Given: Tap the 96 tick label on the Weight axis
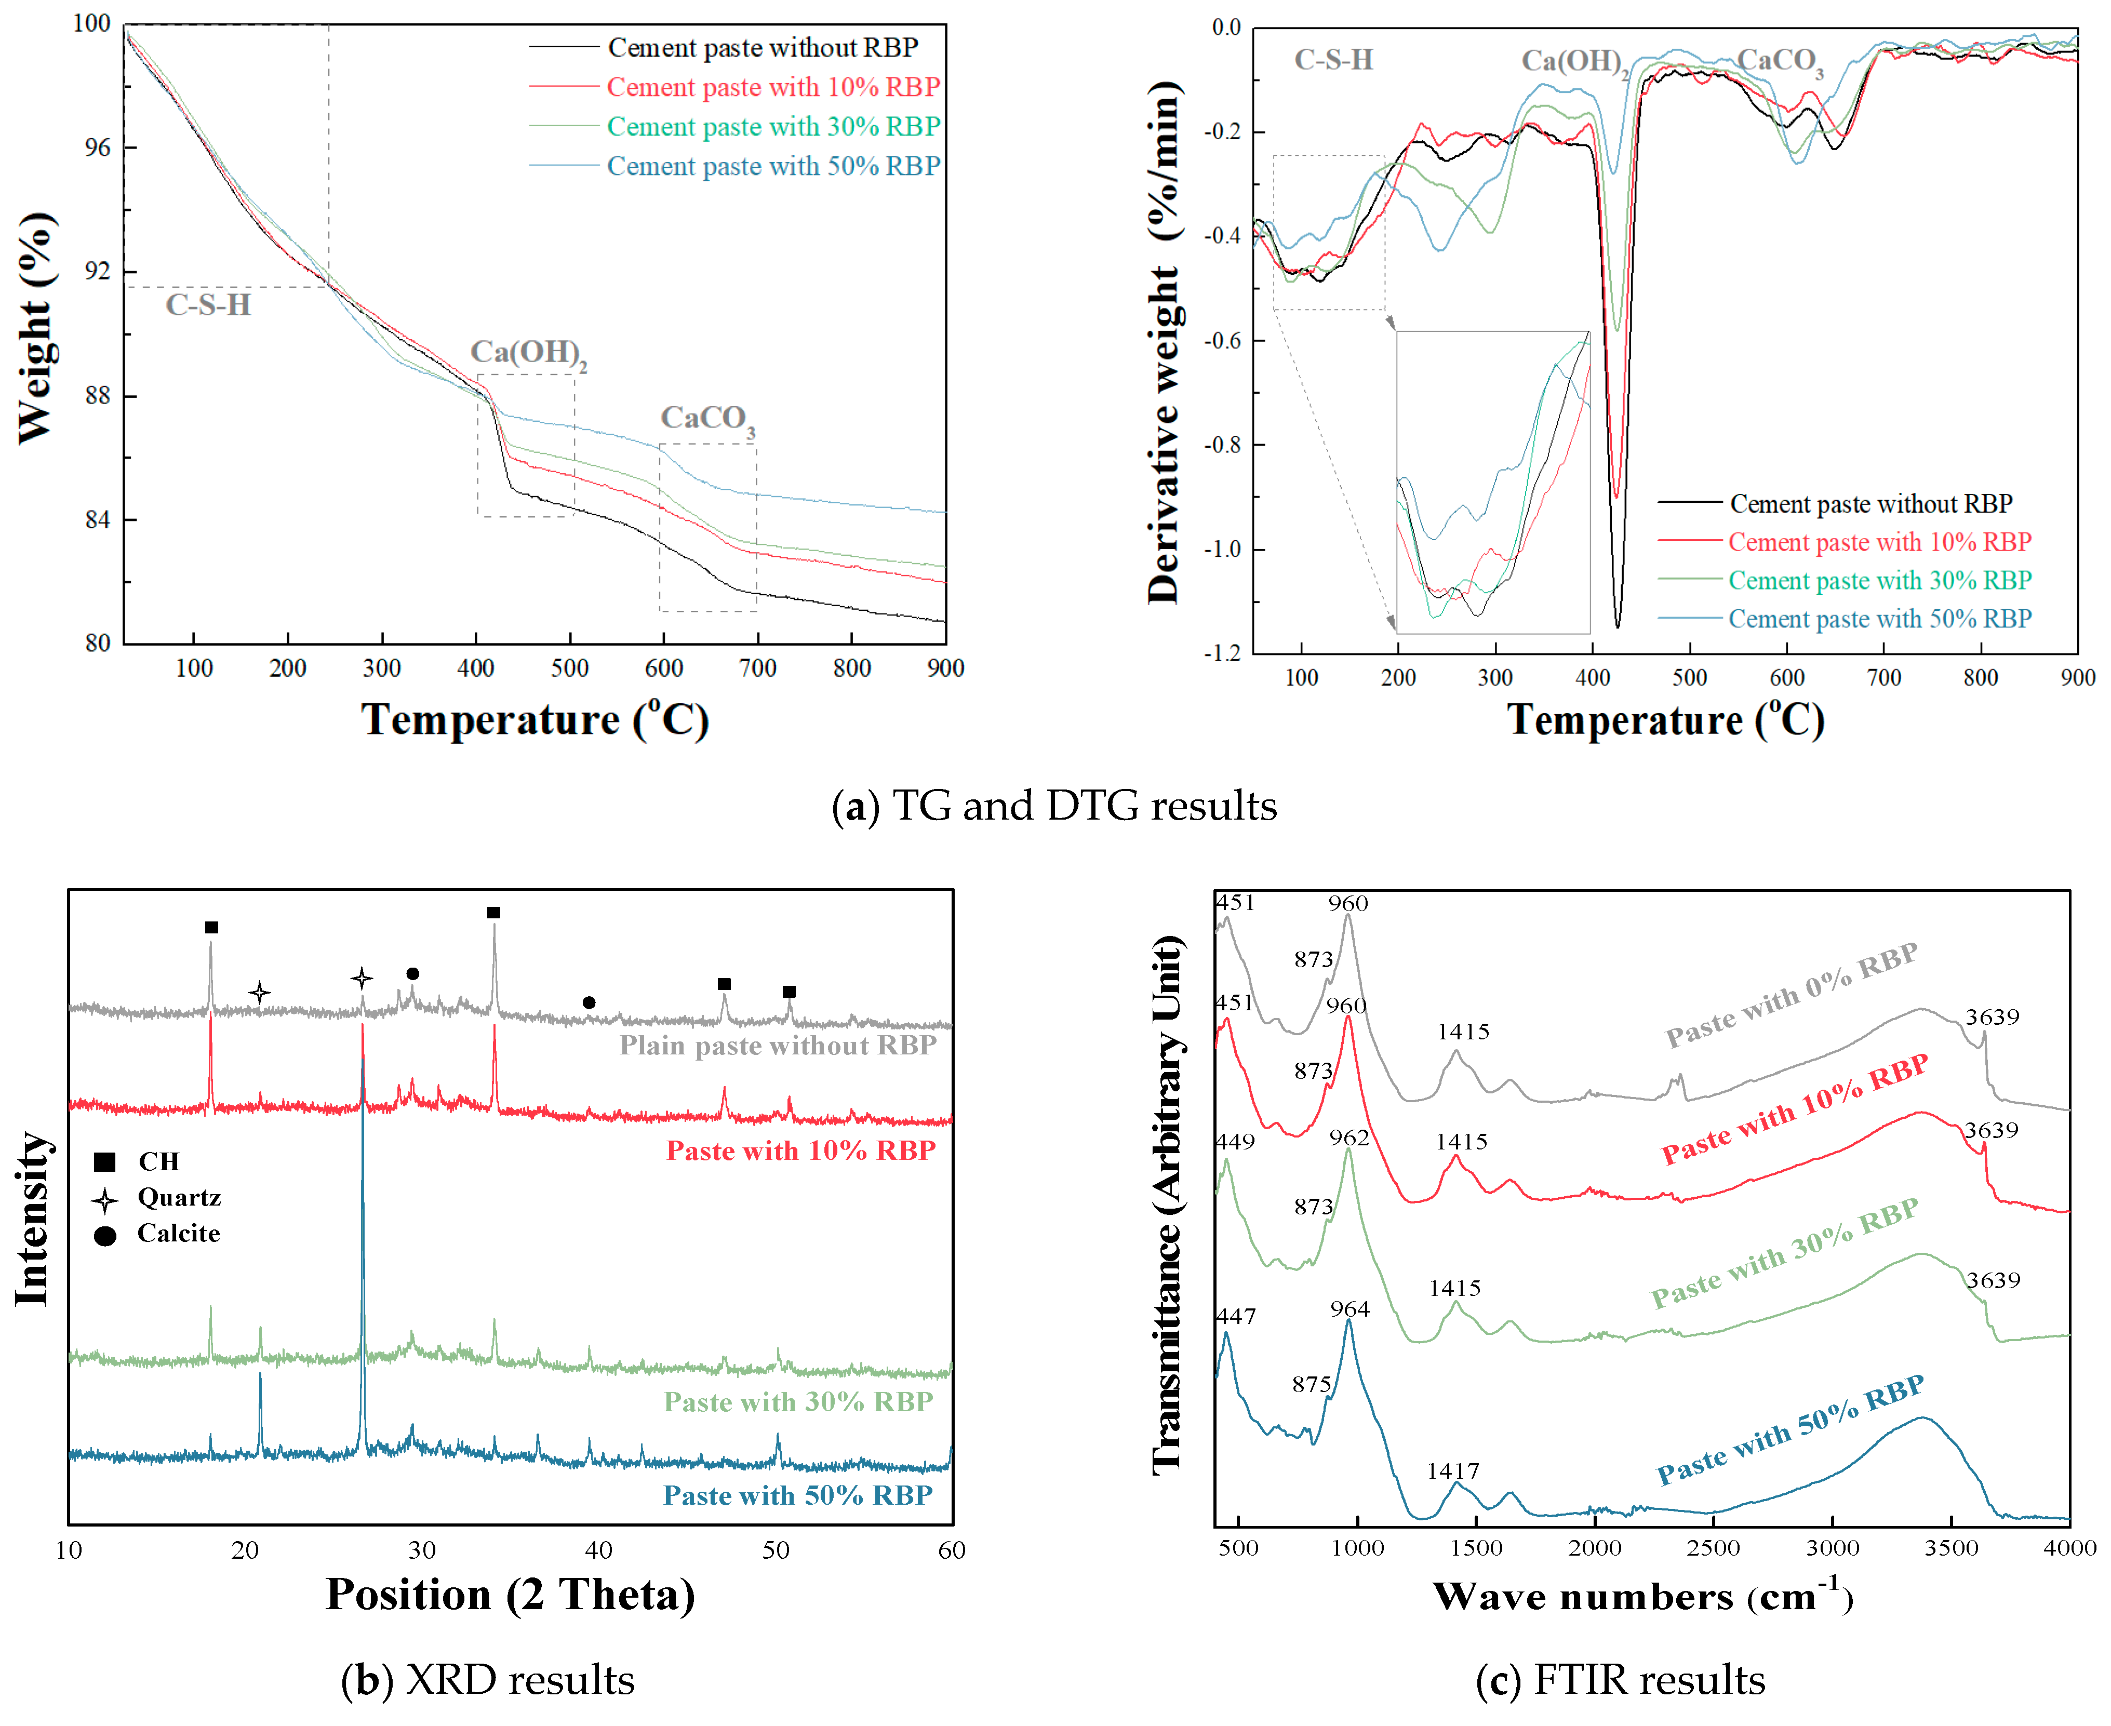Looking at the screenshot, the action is (x=98, y=148).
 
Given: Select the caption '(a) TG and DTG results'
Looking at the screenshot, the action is (x=1054, y=805).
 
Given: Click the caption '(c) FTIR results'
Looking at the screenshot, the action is (x=1621, y=1680).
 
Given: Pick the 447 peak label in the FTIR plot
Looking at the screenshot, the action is (x=1236, y=1316).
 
